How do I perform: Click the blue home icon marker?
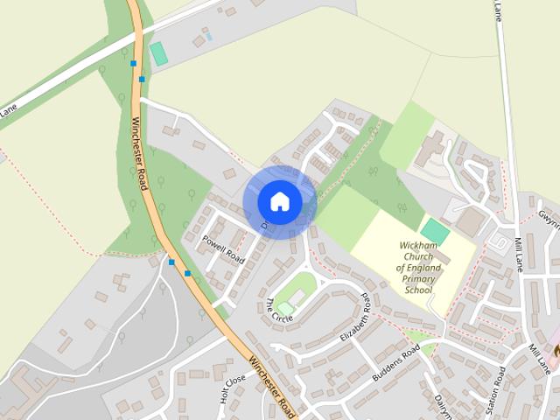click(280, 202)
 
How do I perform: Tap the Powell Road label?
click(222, 247)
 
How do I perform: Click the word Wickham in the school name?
click(418, 247)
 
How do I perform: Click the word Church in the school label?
click(418, 257)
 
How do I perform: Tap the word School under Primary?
click(418, 289)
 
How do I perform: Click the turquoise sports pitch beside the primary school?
click(435, 231)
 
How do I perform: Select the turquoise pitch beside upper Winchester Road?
click(157, 53)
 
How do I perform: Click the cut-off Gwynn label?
click(549, 217)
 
